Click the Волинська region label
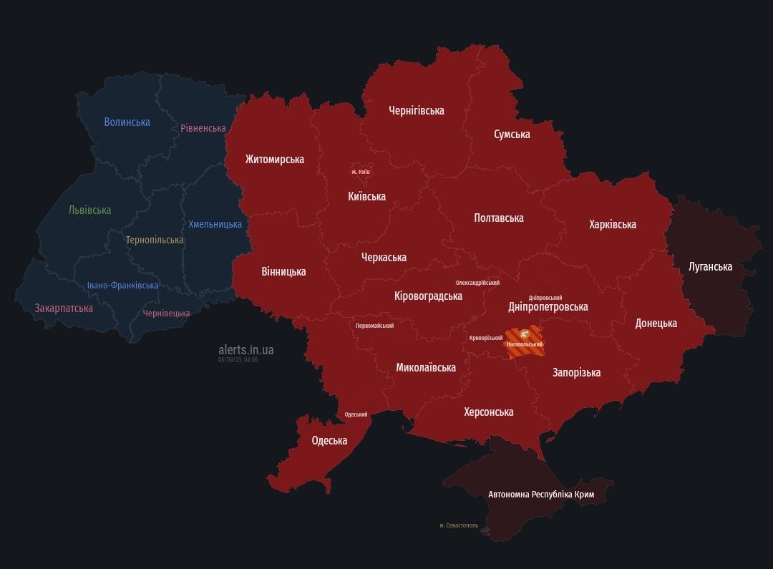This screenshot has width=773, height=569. [127, 122]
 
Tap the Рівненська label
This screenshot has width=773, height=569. [203, 128]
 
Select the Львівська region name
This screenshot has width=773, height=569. [89, 210]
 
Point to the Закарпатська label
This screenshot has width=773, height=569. [64, 308]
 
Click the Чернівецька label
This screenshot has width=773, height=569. [166, 313]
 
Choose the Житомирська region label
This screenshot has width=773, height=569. [274, 159]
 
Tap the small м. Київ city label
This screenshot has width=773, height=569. [361, 172]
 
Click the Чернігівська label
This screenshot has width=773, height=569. [416, 110]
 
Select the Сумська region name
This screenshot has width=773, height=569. [512, 135]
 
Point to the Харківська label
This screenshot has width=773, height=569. [612, 224]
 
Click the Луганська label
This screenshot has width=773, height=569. [710, 266]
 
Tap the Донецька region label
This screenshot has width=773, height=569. [656, 323]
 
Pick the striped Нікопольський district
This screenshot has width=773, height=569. [524, 338]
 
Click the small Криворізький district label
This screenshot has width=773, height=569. [486, 338]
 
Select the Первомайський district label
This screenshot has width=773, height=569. [374, 326]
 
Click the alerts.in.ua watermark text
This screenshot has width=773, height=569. [245, 350]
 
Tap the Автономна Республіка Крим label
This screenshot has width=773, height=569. [540, 495]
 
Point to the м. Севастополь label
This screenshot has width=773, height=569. [459, 525]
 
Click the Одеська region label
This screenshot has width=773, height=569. [329, 440]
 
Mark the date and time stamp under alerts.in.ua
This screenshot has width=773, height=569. [238, 360]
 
